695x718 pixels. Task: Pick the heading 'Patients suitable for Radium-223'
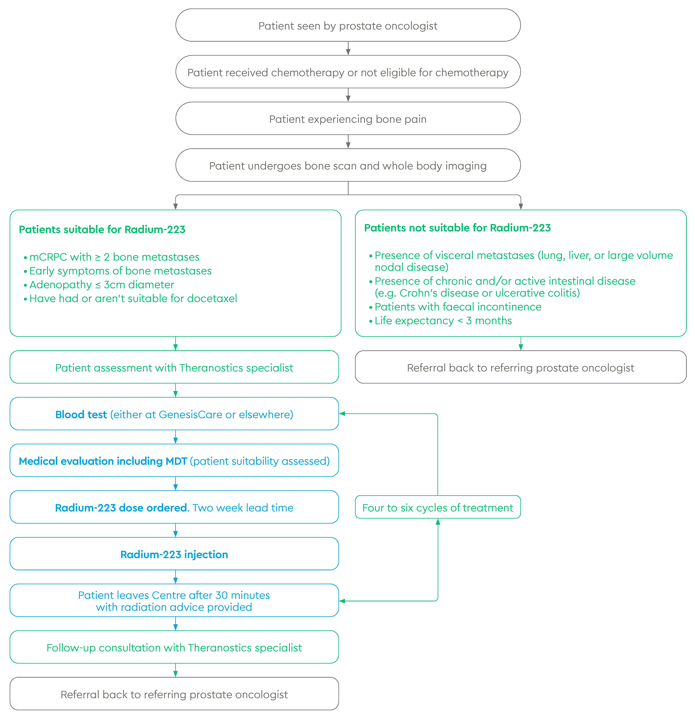point(102,229)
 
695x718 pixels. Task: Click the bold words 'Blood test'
point(81,414)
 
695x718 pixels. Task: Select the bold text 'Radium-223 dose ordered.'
point(122,508)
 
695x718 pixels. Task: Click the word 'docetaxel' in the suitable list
point(212,299)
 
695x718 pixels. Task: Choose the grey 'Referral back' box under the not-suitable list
point(521,367)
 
